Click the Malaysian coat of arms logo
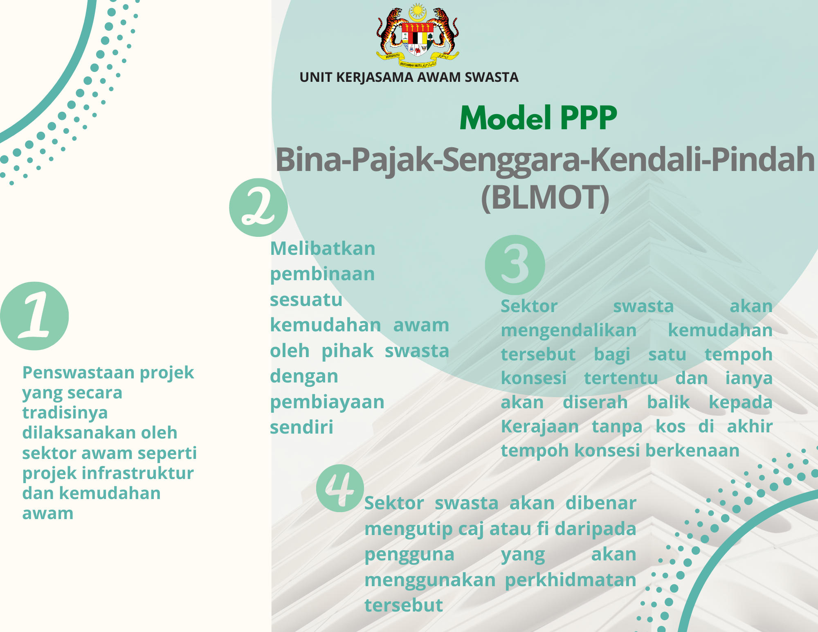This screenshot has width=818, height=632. click(x=418, y=36)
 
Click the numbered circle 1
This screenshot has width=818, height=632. click(x=34, y=316)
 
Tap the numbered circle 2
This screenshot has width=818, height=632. click(x=258, y=207)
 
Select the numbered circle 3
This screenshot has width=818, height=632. click(x=515, y=265)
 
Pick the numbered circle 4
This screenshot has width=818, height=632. click(x=340, y=488)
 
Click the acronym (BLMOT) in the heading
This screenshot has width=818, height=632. click(x=545, y=198)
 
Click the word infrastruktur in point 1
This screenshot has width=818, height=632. click(x=137, y=473)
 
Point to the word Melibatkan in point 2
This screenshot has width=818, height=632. click(x=323, y=248)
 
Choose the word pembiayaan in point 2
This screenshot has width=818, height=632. click(x=327, y=403)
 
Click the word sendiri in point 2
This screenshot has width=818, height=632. click(x=301, y=427)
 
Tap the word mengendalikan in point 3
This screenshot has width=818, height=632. click(x=569, y=331)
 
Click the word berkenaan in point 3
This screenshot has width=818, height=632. click(x=692, y=450)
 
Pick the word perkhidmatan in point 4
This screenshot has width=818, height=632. click(x=571, y=580)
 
